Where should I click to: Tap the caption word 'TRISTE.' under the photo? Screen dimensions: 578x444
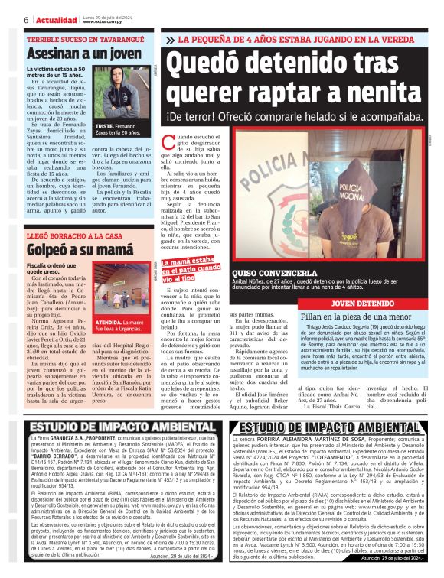pos(105,125)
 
